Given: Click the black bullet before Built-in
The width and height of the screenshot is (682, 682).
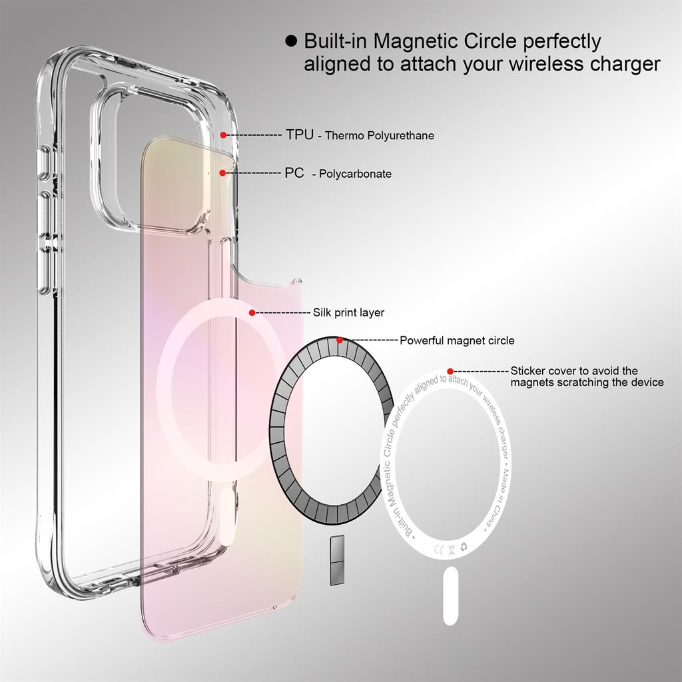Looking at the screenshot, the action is point(291,41).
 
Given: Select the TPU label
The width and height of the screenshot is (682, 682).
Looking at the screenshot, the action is point(300,135).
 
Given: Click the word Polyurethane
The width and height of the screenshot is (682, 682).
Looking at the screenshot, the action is point(400,136).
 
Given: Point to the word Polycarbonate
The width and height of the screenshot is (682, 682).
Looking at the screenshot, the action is point(356,174).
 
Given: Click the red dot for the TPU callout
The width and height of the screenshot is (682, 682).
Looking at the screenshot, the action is point(223,135).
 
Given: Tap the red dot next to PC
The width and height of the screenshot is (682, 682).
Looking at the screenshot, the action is point(222,172).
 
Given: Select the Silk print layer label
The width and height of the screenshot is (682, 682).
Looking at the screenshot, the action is point(349,313).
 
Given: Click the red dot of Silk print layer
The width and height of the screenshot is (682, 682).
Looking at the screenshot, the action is point(252,312).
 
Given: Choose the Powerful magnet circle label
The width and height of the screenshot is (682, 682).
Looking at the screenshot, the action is point(457,340).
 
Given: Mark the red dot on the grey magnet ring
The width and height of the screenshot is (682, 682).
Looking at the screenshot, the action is point(340,340).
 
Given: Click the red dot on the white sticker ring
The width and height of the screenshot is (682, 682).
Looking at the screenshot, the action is point(450,371).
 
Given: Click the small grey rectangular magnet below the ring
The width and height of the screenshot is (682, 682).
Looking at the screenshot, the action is point(337,560).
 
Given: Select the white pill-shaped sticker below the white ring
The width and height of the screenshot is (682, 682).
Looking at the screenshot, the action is point(451,595).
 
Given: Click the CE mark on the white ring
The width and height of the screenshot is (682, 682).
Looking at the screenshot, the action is point(439,549).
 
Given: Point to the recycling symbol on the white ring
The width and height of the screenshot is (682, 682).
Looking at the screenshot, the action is point(464,547).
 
